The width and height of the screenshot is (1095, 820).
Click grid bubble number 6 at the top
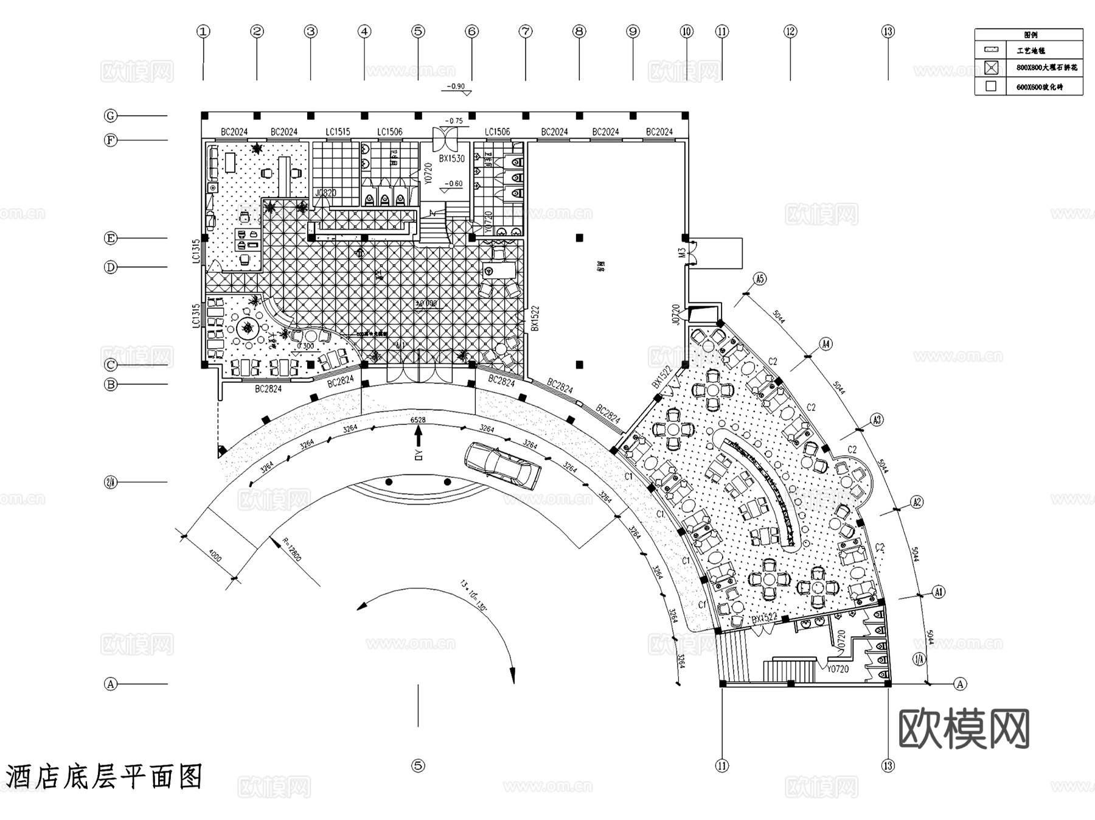pos(472,31)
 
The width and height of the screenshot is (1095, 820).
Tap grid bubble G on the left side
pos(110,116)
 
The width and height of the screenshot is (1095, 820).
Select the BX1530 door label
pos(451,158)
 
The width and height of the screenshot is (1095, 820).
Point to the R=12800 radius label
pos(293,550)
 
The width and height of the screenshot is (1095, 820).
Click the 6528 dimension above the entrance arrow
pos(418,420)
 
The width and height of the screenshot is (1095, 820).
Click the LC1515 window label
pos(338,131)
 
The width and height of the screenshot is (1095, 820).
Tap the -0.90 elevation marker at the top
pos(456,86)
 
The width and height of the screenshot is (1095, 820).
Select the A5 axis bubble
pos(760,279)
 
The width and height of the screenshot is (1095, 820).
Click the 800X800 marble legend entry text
pos(1046,68)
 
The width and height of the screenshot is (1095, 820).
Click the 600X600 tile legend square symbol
pos(991,86)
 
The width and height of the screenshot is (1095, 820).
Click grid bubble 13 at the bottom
pos(888,766)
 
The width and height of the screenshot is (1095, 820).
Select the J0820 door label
pos(325,193)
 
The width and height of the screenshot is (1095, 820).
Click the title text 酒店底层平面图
pos(103,777)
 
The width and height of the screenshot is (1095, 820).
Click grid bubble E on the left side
pos(110,238)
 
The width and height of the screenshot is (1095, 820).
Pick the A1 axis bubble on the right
pos(939,592)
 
